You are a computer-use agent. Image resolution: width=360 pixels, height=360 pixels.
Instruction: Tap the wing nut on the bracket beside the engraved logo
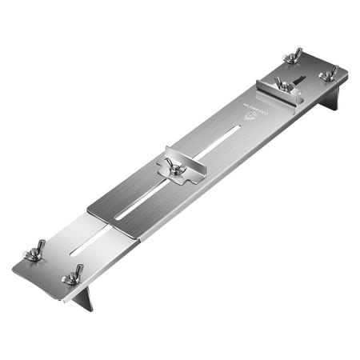[x=282, y=83]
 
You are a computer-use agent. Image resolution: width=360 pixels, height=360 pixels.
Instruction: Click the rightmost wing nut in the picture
[x=328, y=74]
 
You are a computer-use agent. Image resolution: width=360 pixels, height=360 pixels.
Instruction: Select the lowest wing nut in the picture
[x=72, y=277]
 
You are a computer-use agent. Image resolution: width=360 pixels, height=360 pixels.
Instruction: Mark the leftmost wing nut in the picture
[x=36, y=254]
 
